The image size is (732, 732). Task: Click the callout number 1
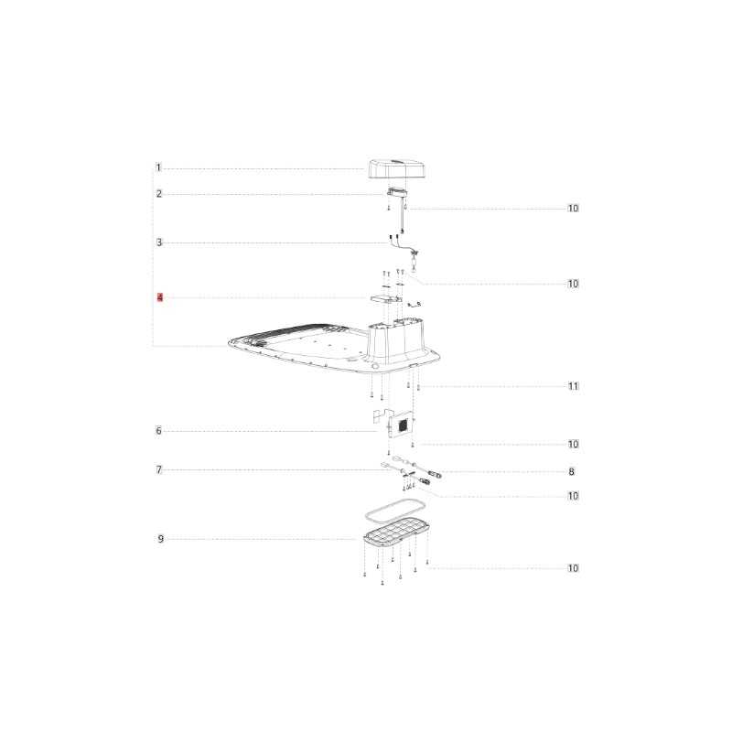click(x=158, y=167)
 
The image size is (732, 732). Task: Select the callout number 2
click(x=159, y=194)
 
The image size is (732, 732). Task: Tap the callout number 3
click(x=159, y=242)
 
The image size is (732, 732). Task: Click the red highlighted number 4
click(x=160, y=297)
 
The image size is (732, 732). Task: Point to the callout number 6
click(x=158, y=430)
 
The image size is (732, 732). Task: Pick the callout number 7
click(x=158, y=469)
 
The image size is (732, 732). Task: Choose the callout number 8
click(x=571, y=471)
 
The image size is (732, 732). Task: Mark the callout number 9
click(x=161, y=539)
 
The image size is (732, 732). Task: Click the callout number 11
click(x=574, y=386)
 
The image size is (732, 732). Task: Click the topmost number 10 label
click(x=574, y=209)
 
